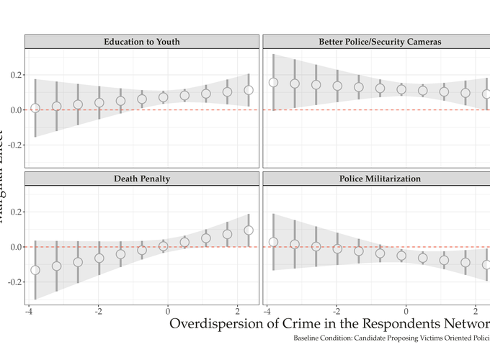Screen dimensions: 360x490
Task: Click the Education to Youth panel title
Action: pyautogui.click(x=141, y=42)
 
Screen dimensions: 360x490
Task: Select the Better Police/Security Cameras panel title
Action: pyautogui.click(x=379, y=42)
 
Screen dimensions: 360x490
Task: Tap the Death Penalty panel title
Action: pyautogui.click(x=141, y=179)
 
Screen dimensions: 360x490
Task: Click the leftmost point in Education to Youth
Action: pyautogui.click(x=35, y=108)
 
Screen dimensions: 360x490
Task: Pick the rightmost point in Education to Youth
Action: pyautogui.click(x=249, y=91)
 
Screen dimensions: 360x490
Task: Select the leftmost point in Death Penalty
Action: pyautogui.click(x=35, y=270)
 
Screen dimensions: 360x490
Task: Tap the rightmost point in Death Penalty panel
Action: pyautogui.click(x=249, y=230)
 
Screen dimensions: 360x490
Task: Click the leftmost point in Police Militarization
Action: pyautogui.click(x=273, y=242)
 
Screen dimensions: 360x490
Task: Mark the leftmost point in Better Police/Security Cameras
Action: pyautogui.click(x=273, y=83)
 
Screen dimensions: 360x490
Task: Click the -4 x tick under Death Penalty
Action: pyautogui.click(x=28, y=312)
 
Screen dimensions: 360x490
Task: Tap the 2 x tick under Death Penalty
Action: pyautogui.click(x=238, y=312)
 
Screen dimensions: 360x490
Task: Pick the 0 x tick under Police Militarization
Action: pyautogui.click(x=406, y=312)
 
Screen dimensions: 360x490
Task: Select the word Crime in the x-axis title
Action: pyautogui.click(x=327, y=324)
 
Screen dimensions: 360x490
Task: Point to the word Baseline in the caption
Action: pyautogui.click(x=308, y=338)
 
